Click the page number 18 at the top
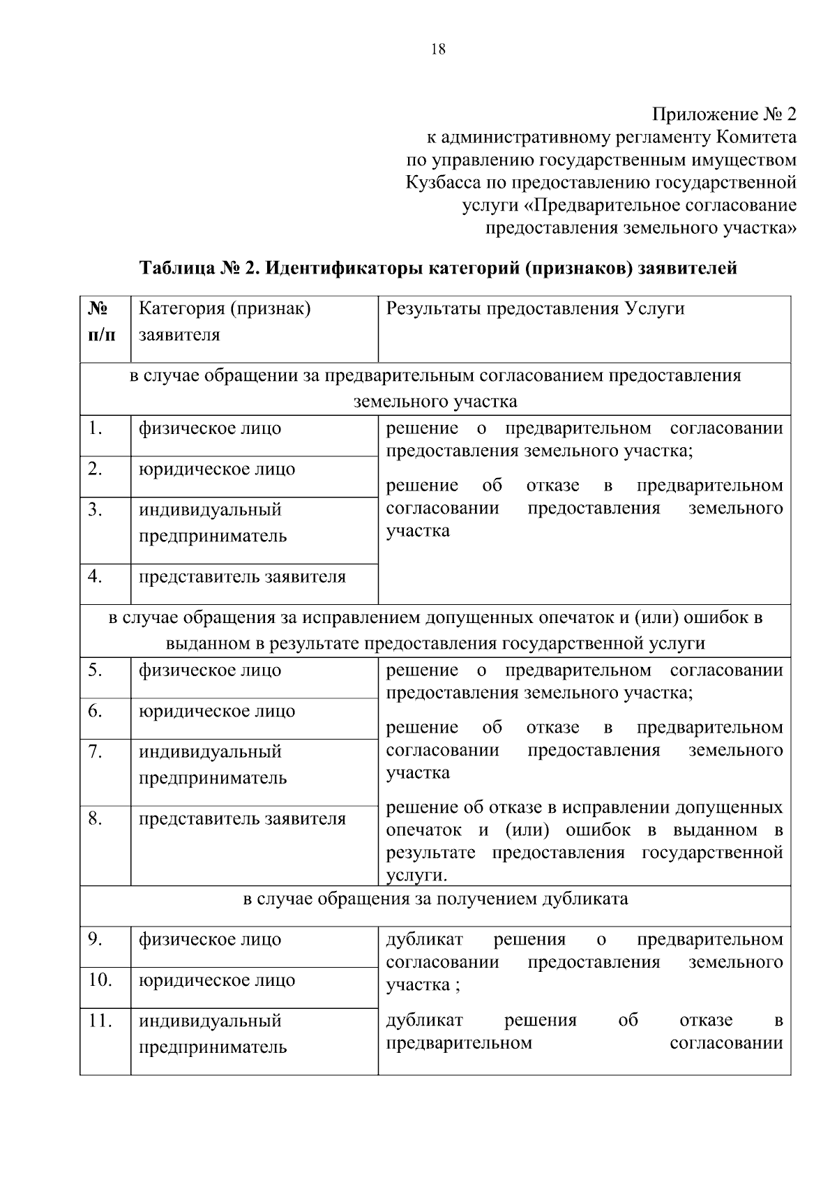tap(438, 49)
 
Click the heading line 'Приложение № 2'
tap(723, 114)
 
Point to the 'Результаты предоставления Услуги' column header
tap(535, 308)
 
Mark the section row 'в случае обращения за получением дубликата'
tap(435, 899)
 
